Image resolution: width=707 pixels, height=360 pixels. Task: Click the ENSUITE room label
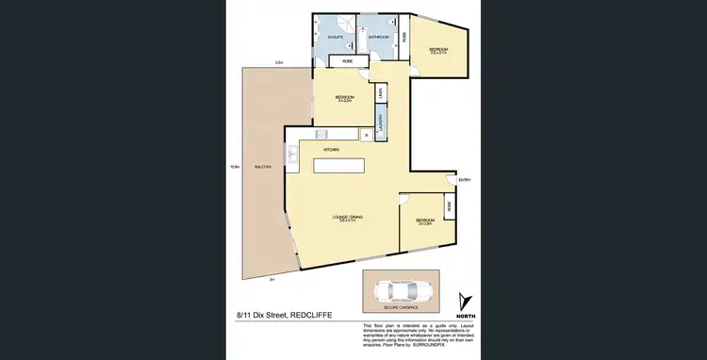coord(335,37)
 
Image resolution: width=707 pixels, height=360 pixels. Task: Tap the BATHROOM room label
coord(380,37)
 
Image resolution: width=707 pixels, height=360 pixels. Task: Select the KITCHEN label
coord(331,150)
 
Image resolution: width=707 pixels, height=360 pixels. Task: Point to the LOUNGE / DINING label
coord(348,218)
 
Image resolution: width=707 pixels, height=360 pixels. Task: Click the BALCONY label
coord(265,167)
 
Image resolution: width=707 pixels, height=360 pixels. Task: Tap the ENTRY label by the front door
coord(464,179)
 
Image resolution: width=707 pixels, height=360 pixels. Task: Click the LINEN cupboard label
coord(379,92)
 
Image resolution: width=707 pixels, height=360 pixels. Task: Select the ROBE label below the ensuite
coord(347,60)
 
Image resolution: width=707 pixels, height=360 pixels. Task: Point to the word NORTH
coord(462,315)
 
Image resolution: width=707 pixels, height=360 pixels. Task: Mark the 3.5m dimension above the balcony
coord(278,63)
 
